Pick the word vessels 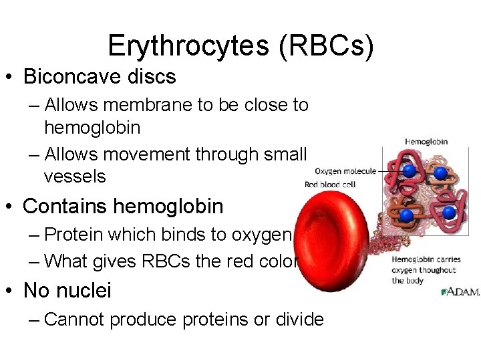point(75,176)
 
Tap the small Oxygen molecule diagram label point(345,171)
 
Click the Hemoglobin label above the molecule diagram point(426,142)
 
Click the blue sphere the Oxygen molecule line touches point(408,171)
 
